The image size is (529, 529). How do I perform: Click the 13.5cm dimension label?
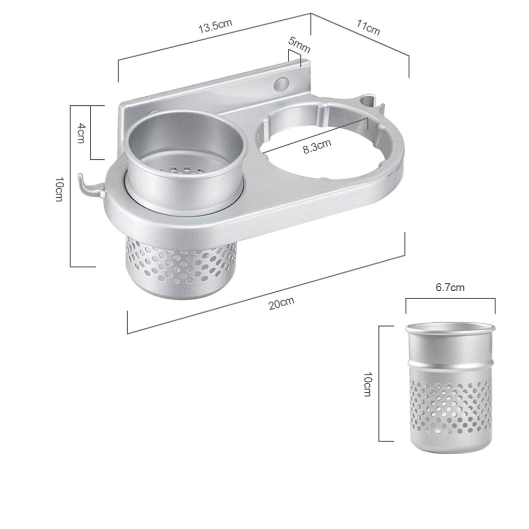[215, 26]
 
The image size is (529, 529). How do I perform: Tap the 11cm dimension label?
[368, 27]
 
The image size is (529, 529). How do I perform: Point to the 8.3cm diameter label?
[317, 146]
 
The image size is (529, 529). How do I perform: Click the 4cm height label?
[81, 133]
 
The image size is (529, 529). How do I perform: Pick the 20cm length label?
[282, 303]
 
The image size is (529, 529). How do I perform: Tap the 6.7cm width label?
[450, 287]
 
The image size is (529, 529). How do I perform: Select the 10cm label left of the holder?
[59, 189]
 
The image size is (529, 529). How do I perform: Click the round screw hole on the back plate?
[282, 83]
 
